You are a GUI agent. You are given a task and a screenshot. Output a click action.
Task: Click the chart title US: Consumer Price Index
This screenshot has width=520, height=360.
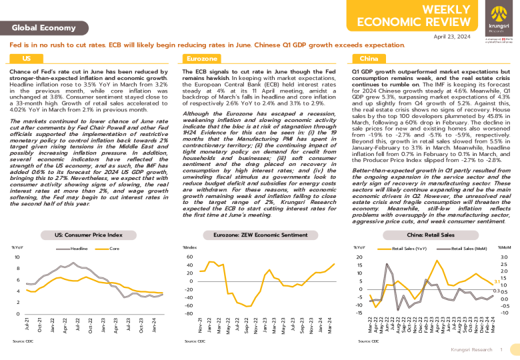click(x=89, y=235)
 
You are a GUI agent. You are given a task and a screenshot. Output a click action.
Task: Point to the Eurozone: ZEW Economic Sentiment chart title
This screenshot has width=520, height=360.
click(x=259, y=235)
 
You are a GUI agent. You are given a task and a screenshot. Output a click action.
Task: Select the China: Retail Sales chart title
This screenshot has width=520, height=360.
click(x=430, y=235)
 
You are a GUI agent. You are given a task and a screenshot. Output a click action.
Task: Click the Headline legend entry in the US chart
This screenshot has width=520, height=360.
click(x=79, y=249)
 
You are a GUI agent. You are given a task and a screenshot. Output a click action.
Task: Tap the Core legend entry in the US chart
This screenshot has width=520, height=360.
click(x=114, y=249)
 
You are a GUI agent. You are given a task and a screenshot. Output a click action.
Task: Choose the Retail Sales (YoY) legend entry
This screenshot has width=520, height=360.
click(x=407, y=249)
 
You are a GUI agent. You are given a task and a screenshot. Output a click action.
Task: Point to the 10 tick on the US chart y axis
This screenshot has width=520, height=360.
click(x=17, y=257)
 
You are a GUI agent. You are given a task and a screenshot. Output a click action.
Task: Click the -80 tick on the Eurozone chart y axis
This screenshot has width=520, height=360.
click(x=188, y=313)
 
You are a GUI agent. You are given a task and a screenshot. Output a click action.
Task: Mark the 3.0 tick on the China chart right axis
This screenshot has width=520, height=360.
click(x=504, y=257)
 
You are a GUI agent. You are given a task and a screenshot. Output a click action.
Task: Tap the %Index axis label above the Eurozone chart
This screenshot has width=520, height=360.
click(x=190, y=247)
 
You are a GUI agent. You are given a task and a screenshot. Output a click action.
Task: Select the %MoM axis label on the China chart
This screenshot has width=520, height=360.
click(x=503, y=247)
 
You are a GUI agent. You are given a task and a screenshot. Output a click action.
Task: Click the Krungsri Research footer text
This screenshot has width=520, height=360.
click(x=472, y=349)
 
